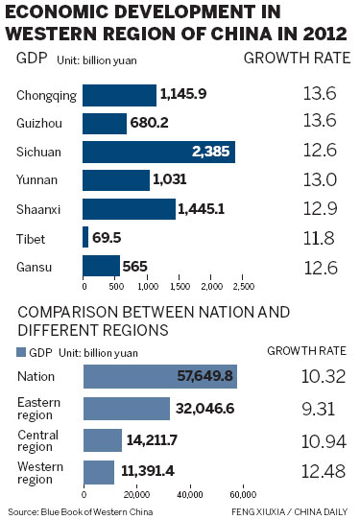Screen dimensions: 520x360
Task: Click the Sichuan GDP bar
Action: pos(158,152)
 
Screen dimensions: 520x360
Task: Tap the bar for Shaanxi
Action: pos(130,208)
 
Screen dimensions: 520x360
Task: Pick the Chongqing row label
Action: pos(44,96)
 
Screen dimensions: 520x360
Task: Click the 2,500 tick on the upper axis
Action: pos(243,287)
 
